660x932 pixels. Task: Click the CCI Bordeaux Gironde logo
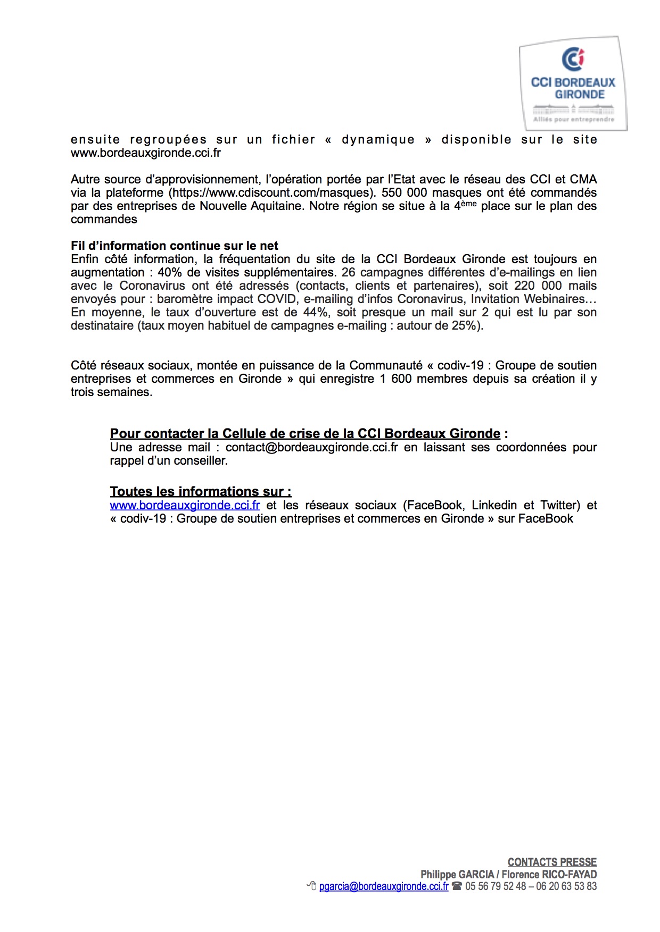point(573,83)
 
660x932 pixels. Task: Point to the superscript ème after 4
point(468,203)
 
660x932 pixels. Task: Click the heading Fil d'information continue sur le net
point(175,246)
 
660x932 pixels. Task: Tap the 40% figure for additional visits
point(170,272)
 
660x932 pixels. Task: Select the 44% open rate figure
point(315,312)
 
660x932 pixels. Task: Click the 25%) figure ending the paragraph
point(467,325)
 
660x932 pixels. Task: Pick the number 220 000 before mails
point(538,286)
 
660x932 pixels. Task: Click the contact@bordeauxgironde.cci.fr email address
point(311,447)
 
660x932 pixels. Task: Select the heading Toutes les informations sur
point(201,491)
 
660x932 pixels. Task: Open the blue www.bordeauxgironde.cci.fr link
point(185,505)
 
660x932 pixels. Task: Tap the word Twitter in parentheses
point(559,505)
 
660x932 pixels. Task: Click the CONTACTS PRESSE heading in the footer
point(552,862)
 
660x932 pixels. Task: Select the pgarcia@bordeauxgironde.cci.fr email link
point(383,886)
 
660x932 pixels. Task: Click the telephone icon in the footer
point(457,886)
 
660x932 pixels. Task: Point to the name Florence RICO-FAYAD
point(549,875)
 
